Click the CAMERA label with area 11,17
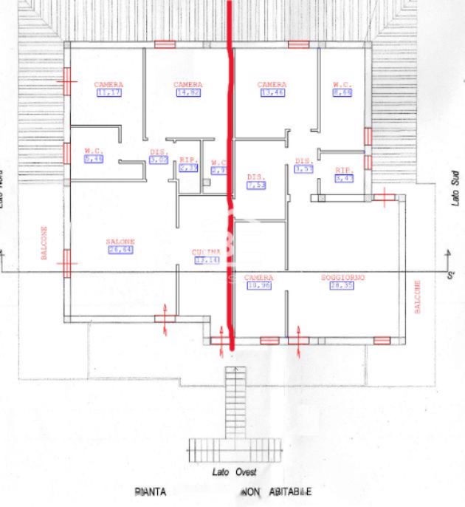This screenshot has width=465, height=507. (108, 85)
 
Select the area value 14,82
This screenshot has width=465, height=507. (188, 94)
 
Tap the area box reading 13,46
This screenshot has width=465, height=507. (272, 94)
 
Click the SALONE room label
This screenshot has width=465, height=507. (120, 242)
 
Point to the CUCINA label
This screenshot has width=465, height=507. (207, 251)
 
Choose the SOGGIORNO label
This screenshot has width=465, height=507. (344, 277)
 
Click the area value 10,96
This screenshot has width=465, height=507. (258, 285)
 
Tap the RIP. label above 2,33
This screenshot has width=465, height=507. (188, 160)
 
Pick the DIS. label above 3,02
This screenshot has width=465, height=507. (158, 151)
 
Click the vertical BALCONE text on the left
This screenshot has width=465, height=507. (44, 243)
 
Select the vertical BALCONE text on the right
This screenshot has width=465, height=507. (418, 296)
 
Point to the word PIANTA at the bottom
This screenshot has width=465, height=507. (151, 491)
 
